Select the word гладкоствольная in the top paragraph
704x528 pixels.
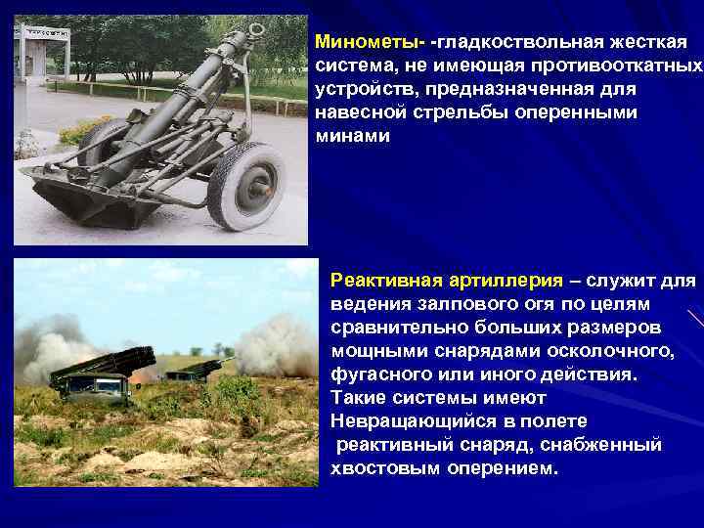[512, 42]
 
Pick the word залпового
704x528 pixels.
[436, 305]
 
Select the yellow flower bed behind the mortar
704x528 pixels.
[83, 129]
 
